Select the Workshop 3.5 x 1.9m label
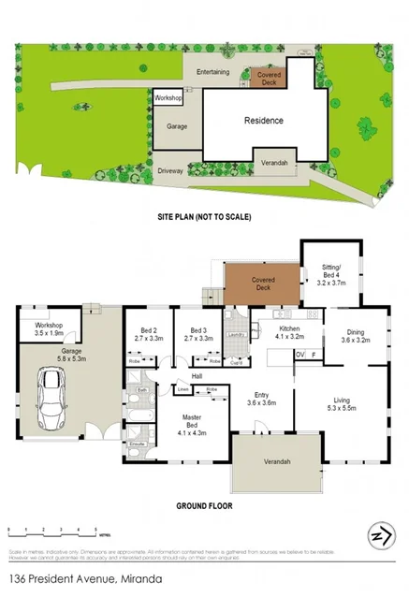(41, 328)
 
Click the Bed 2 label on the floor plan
(148, 334)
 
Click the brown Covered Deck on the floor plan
(260, 284)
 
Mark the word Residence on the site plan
(263, 121)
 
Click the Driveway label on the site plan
(169, 170)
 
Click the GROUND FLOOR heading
(204, 506)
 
